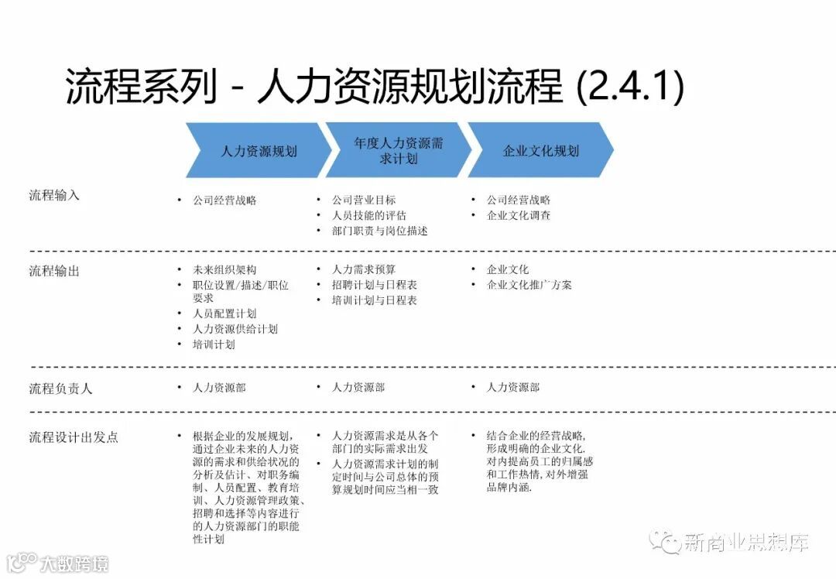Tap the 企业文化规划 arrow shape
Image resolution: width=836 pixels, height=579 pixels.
tap(540, 151)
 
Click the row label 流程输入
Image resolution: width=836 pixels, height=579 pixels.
tap(54, 195)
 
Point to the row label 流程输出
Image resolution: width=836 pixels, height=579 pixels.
tap(54, 271)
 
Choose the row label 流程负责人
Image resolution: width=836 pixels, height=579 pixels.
tap(60, 388)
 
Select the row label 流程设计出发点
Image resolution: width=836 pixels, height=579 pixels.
tap(74, 437)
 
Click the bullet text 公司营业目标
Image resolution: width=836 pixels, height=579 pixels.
tap(364, 200)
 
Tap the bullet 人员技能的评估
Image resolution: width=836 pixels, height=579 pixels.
tap(369, 215)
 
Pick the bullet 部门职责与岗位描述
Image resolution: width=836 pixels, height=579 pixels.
tap(380, 231)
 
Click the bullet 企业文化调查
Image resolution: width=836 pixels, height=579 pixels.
tap(519, 215)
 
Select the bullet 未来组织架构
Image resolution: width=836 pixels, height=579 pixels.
tap(224, 269)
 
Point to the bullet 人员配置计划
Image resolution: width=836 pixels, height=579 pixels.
tap(224, 313)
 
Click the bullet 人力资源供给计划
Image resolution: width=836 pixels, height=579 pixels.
tap(235, 329)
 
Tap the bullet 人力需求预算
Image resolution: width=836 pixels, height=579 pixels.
tap(364, 269)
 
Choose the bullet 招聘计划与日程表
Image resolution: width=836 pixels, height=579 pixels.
tap(375, 285)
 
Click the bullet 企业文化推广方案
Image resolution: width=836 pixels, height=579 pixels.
tap(529, 285)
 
